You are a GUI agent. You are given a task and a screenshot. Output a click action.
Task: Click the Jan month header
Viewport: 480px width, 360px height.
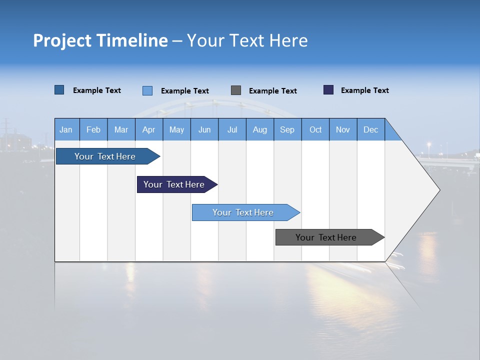(x=66, y=129)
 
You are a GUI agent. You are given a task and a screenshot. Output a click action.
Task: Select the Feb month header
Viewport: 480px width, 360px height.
(x=93, y=129)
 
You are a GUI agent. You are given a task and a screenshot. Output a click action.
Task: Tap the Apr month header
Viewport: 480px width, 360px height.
(x=148, y=129)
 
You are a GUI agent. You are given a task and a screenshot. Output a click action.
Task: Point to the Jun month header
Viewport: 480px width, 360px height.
(x=204, y=129)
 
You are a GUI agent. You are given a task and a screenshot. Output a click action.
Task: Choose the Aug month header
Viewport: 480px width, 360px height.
(x=259, y=129)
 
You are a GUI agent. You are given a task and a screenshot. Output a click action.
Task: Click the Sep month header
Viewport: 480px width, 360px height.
(x=287, y=129)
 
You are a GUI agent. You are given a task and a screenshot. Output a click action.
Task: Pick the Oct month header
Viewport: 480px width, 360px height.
(x=315, y=129)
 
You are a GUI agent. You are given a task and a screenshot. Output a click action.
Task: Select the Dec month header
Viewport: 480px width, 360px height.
(x=370, y=129)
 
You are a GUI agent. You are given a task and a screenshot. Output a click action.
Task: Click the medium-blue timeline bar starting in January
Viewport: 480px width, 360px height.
(x=105, y=156)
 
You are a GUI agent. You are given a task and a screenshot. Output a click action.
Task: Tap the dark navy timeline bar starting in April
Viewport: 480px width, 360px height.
(x=174, y=184)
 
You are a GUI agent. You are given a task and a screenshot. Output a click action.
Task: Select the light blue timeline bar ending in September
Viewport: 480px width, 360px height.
(x=243, y=212)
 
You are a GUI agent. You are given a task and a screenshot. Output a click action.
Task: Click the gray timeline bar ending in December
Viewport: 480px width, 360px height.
(x=326, y=237)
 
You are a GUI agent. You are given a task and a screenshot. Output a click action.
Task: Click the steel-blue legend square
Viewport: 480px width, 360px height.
(x=59, y=90)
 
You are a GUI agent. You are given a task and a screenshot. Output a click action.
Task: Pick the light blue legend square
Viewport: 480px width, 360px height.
(x=147, y=90)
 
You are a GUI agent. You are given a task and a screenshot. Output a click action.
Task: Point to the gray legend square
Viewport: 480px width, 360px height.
(x=236, y=90)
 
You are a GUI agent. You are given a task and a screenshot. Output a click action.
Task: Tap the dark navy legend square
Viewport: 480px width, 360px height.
(x=328, y=90)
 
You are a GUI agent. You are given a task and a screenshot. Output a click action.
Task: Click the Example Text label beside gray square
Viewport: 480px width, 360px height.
(x=272, y=91)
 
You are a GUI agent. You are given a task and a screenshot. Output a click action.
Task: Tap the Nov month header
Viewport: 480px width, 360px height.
(x=343, y=129)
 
